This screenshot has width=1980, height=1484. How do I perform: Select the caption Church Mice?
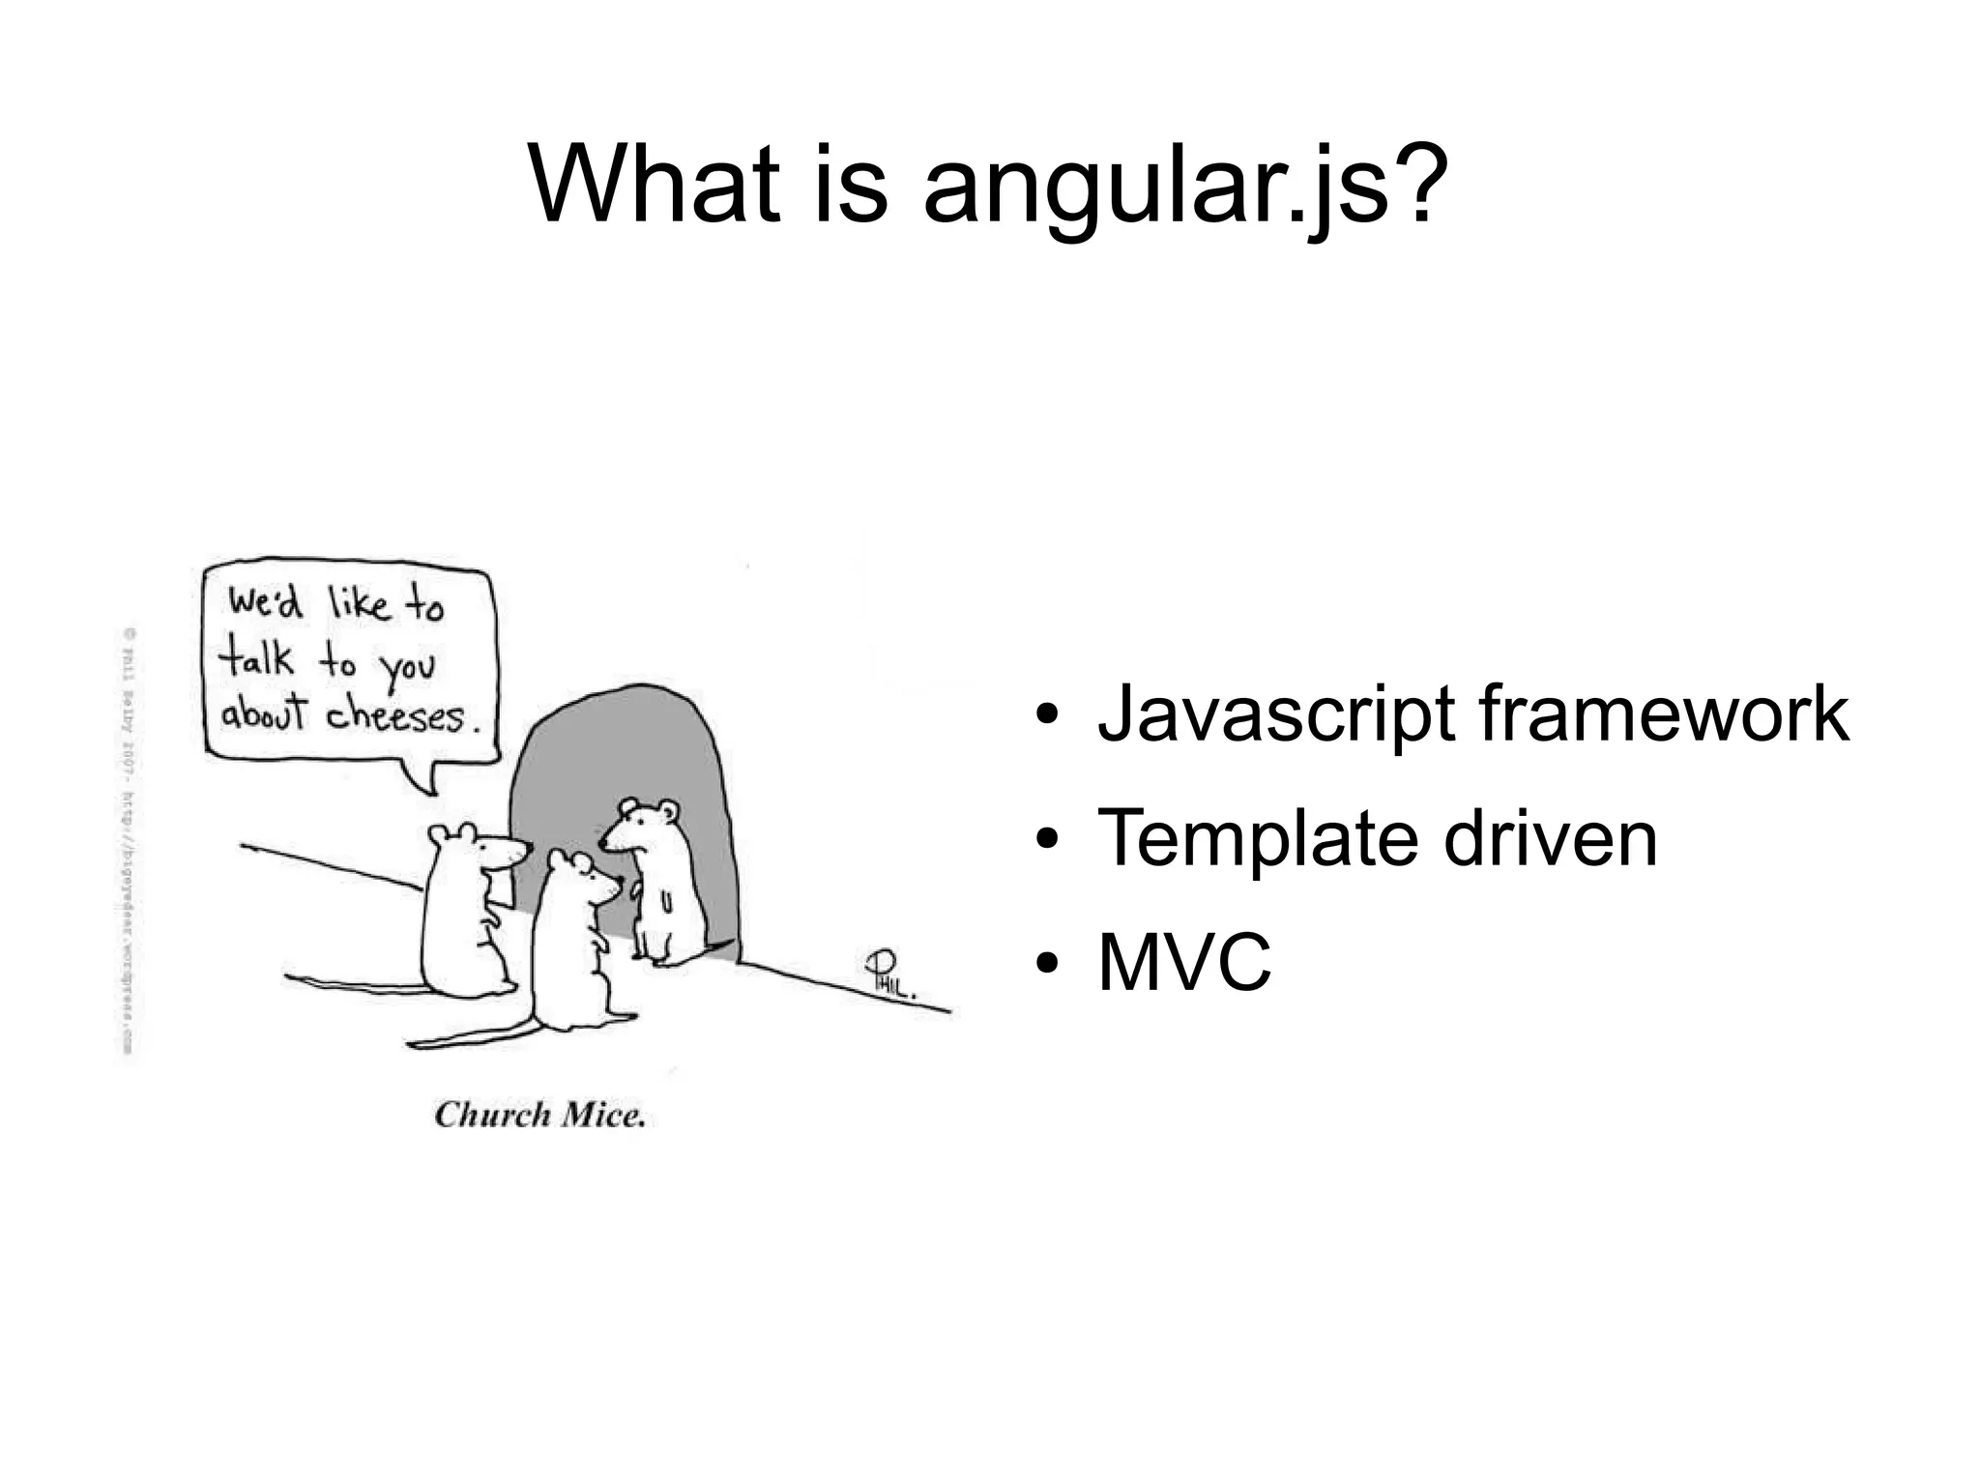tap(539, 1116)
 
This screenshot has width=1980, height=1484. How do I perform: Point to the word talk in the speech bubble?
tap(255, 659)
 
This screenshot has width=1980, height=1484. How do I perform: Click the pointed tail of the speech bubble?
tap(423, 778)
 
